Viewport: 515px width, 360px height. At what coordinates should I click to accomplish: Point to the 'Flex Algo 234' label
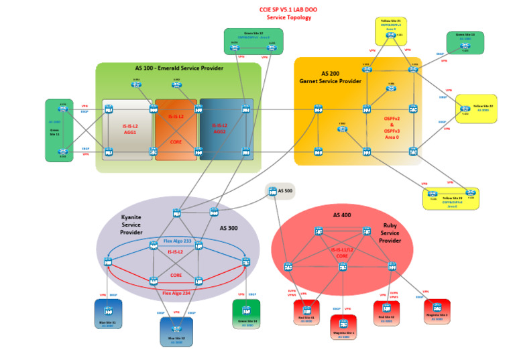click(x=177, y=293)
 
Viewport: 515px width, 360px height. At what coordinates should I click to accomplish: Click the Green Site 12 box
click(x=253, y=42)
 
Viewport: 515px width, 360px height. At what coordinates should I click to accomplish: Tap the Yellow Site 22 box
click(x=476, y=109)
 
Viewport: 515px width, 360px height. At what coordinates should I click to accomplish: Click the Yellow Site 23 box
click(x=451, y=198)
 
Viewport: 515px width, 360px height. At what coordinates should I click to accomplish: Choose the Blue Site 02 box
click(x=176, y=331)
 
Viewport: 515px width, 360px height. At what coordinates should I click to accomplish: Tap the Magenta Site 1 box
click(x=343, y=328)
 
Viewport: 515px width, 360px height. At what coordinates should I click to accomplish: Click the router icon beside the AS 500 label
click(x=273, y=192)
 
